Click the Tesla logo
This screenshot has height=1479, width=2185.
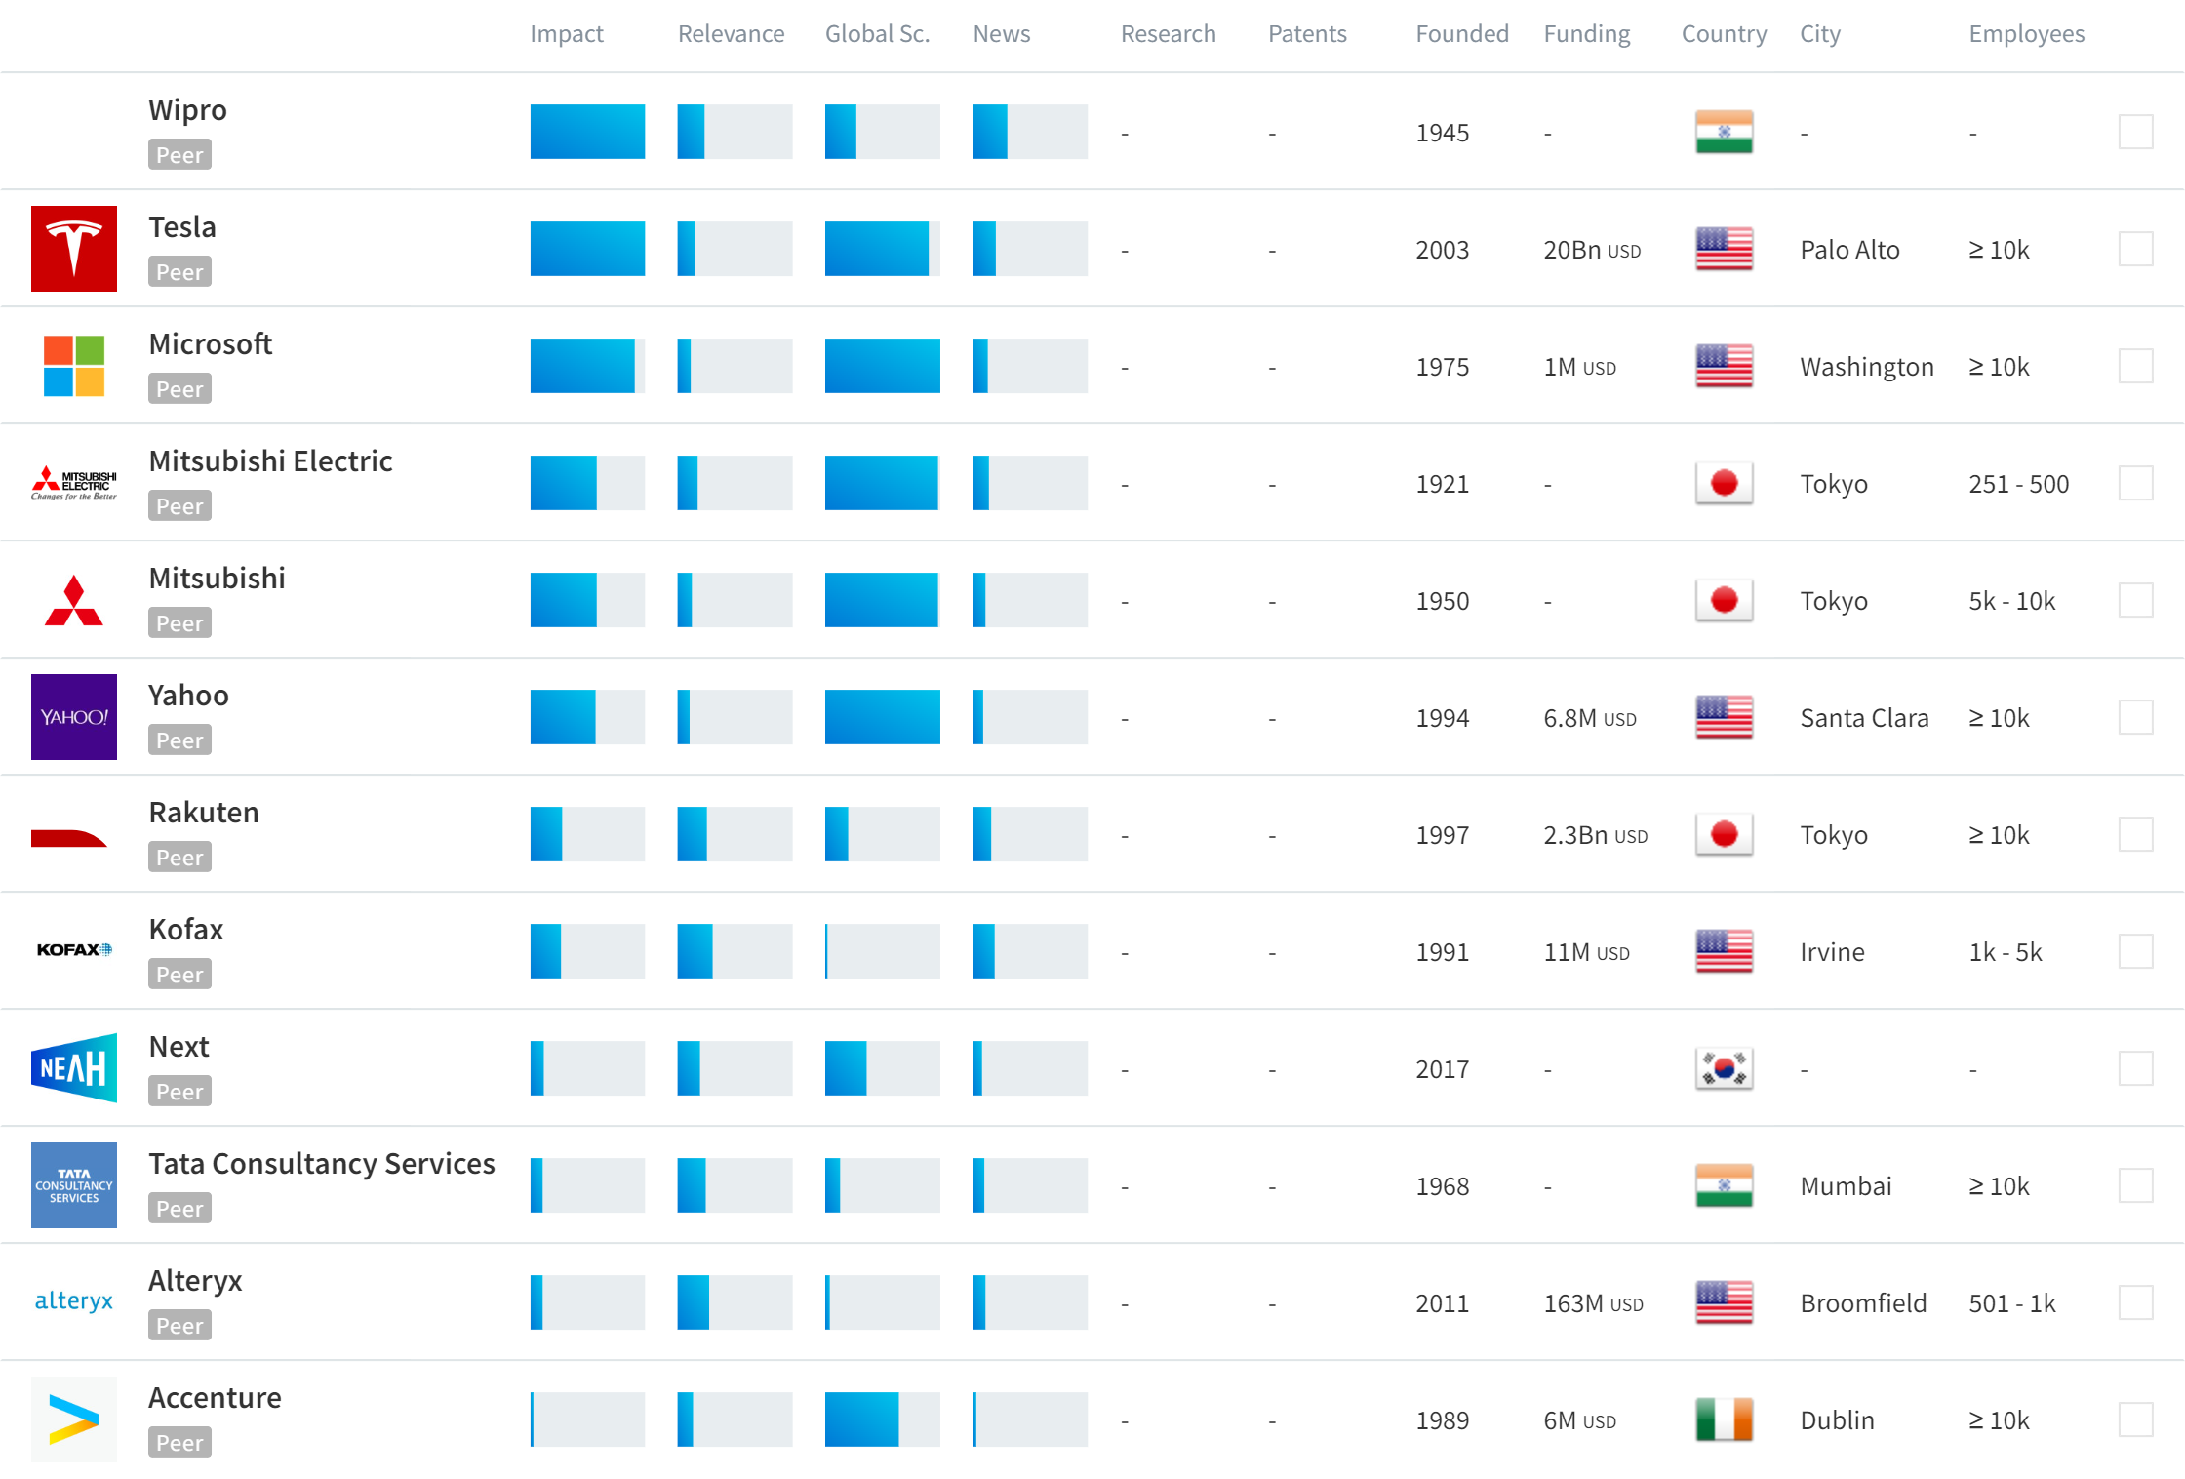[74, 249]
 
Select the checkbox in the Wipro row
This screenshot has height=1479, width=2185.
[2135, 132]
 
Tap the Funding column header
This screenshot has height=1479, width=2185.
[1586, 34]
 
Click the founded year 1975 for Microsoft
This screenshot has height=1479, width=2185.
[1442, 367]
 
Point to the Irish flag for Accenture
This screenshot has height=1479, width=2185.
[1724, 1419]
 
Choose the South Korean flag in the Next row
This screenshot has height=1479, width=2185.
[1724, 1068]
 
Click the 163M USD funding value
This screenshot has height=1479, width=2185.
[1593, 1303]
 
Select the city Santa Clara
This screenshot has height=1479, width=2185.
[1864, 718]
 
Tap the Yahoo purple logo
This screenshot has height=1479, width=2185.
[74, 717]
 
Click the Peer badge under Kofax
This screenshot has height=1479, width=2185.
[179, 974]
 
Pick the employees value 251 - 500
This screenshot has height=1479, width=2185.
[2018, 484]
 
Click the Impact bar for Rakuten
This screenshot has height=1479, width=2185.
[587, 834]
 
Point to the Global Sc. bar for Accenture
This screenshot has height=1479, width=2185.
[882, 1419]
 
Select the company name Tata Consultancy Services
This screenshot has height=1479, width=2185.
[322, 1163]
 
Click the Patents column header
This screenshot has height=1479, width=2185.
[1307, 34]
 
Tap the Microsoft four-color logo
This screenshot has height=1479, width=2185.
[74, 366]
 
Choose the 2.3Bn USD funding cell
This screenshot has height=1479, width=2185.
[1595, 835]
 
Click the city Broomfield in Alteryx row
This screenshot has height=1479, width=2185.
[1863, 1303]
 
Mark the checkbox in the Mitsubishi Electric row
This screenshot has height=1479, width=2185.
[2135, 483]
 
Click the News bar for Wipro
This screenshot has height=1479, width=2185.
[1030, 132]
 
